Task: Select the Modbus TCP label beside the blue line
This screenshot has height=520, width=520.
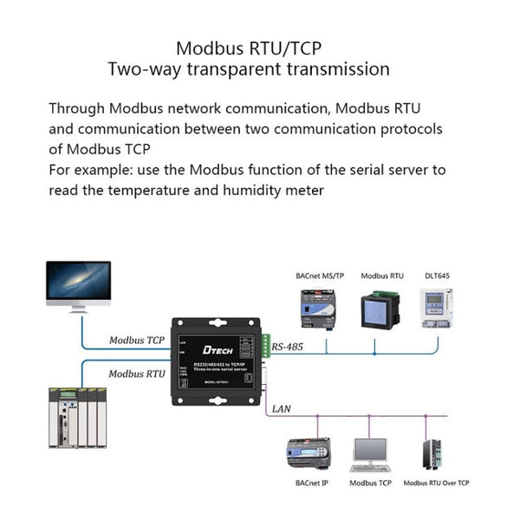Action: tap(137, 340)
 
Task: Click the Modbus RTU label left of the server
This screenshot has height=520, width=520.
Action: tap(137, 374)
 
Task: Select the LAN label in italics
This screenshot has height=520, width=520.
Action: tap(281, 407)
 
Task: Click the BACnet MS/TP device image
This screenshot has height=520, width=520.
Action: tap(318, 309)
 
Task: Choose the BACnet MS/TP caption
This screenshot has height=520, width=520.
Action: tap(320, 276)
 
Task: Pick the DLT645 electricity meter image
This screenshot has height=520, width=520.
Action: tap(437, 309)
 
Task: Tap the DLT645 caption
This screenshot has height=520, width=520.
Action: tap(436, 276)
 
